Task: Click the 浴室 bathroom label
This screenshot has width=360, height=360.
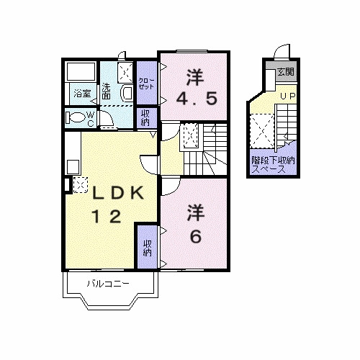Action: click(81, 94)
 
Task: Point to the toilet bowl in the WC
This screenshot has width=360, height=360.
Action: click(76, 117)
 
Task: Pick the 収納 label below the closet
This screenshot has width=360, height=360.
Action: click(146, 117)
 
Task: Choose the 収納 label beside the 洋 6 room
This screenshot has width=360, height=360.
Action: click(147, 247)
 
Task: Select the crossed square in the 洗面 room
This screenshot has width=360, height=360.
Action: click(125, 71)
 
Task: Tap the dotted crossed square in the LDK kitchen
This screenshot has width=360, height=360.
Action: click(79, 184)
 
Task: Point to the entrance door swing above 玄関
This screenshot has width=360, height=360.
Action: click(282, 54)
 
